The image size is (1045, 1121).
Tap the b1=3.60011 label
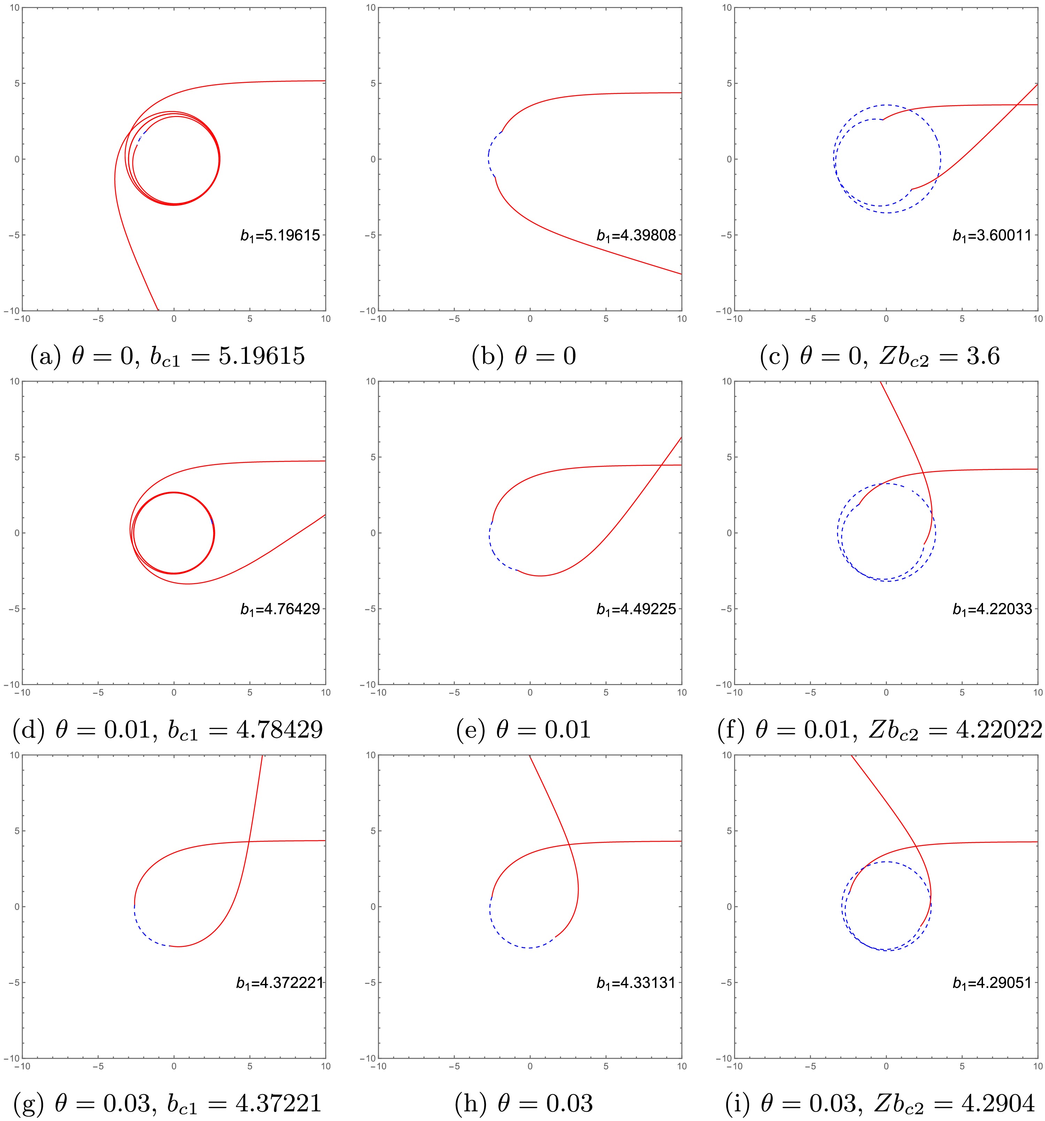click(x=992, y=235)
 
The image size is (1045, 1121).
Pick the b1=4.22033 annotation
click(x=992, y=609)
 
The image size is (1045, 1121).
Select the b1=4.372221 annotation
click(x=279, y=983)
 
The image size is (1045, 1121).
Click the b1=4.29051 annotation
click(x=992, y=983)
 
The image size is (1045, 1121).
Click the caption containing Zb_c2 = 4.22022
click(x=880, y=730)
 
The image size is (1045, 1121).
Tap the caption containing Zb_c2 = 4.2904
click(x=880, y=1104)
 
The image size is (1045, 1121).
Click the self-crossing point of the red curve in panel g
click(x=249, y=841)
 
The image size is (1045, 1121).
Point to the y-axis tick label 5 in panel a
click(x=16, y=84)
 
